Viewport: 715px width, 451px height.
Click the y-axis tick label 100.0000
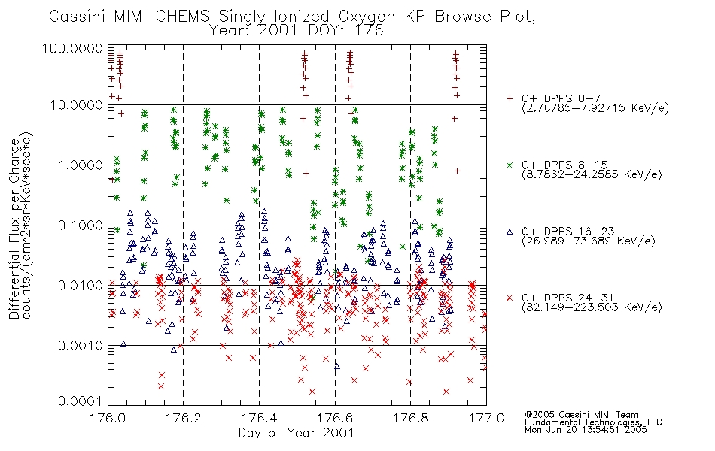tap(72, 48)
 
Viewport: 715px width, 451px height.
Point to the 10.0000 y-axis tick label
tap(76, 105)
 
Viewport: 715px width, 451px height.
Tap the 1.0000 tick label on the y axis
tap(80, 165)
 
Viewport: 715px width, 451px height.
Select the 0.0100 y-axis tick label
tap(80, 286)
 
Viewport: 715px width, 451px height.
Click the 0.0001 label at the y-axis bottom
tap(80, 401)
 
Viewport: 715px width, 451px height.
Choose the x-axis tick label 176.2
tap(184, 418)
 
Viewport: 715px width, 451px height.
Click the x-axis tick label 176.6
tap(335, 418)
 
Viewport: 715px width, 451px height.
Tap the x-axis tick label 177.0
tap(486, 418)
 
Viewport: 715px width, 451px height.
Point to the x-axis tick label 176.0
tap(108, 418)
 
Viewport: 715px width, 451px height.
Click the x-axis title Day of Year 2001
tap(297, 433)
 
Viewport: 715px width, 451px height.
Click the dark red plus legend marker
tap(510, 98)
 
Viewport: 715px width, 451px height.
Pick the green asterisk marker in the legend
tap(510, 165)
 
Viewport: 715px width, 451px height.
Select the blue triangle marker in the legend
tap(510, 232)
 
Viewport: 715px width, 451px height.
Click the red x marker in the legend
tap(510, 298)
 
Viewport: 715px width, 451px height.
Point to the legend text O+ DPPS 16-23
tap(568, 231)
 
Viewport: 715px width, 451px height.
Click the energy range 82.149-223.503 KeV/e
tap(592, 307)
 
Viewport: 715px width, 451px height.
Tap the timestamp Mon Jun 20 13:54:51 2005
tap(586, 430)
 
